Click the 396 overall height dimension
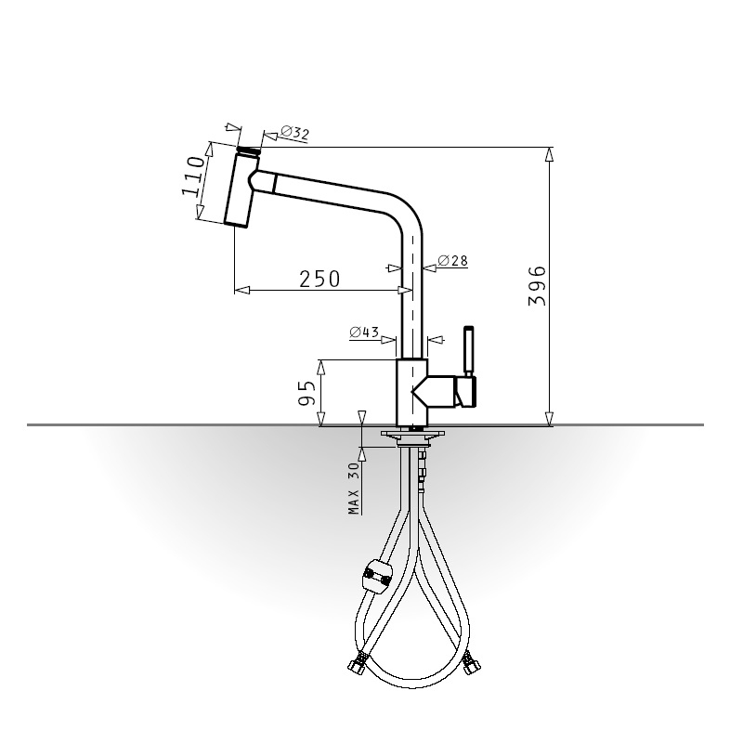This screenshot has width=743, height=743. pyautogui.click(x=537, y=286)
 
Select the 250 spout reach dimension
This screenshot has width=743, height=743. pyautogui.click(x=319, y=280)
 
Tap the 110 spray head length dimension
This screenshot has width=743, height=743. pyautogui.click(x=193, y=176)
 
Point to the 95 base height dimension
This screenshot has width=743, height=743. pyautogui.click(x=307, y=393)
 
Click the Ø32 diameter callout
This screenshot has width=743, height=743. pyautogui.click(x=294, y=133)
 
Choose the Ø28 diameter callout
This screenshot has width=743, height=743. pyautogui.click(x=453, y=261)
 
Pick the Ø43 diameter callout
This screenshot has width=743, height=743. pyautogui.click(x=364, y=332)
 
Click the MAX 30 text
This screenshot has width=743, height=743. pyautogui.click(x=354, y=489)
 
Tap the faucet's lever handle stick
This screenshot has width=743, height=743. pyautogui.click(x=469, y=351)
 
